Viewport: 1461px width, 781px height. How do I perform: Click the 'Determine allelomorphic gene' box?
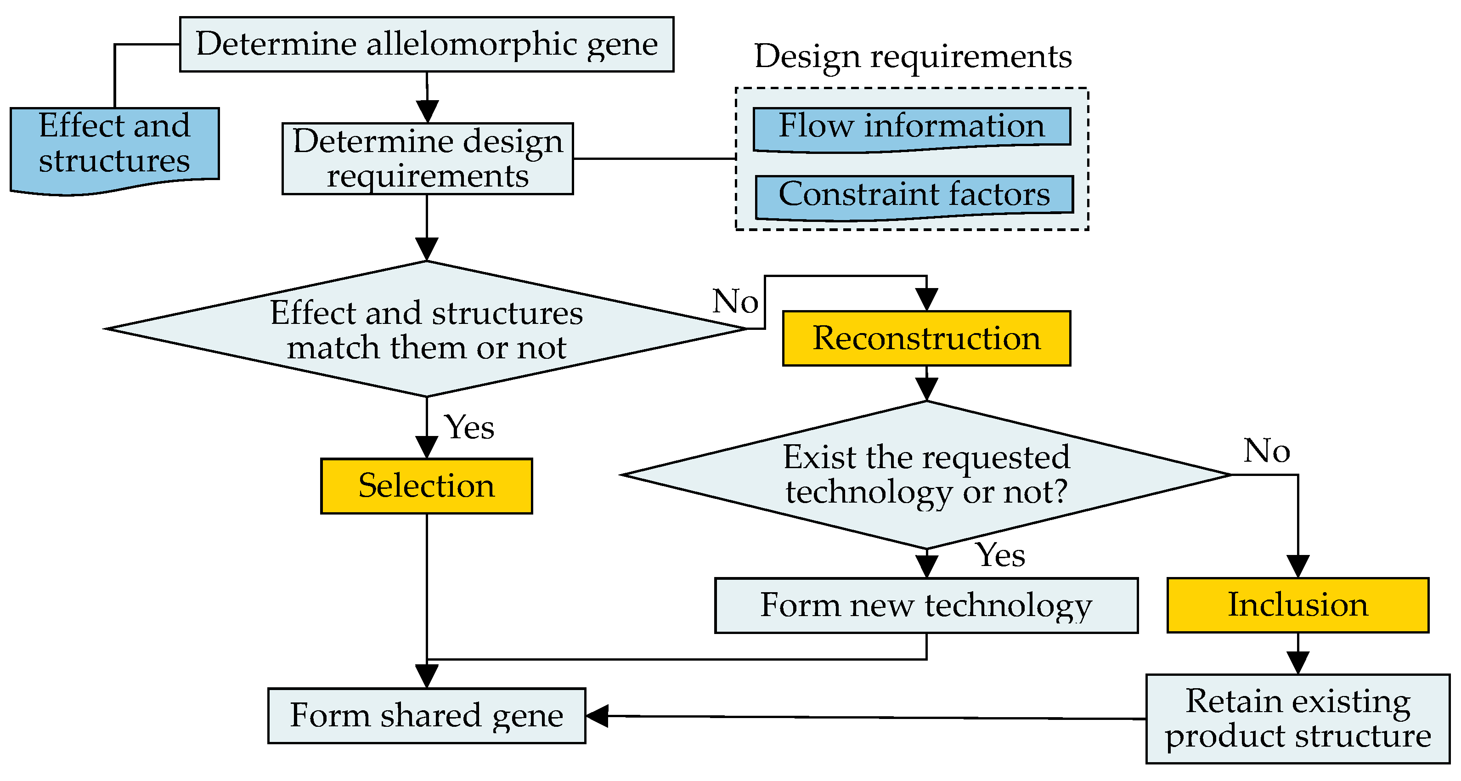point(427,44)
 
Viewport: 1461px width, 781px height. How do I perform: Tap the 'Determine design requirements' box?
point(428,159)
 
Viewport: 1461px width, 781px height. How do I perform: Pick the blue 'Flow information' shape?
point(911,127)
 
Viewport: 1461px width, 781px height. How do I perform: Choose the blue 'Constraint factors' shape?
point(914,196)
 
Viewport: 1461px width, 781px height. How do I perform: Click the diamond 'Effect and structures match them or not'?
point(427,329)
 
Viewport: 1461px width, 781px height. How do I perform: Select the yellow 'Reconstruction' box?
point(926,339)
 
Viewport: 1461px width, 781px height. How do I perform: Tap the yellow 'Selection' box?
point(427,486)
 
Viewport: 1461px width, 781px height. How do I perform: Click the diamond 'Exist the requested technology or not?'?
point(926,475)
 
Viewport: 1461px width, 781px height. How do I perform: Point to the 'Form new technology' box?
point(926,605)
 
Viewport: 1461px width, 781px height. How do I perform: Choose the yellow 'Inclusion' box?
point(1297,605)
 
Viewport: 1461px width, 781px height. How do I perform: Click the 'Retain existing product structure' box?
point(1297,719)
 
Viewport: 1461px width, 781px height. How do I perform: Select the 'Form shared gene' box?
point(427,716)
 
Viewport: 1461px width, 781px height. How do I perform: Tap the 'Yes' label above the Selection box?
point(469,428)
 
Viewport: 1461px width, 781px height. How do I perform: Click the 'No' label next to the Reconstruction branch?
point(736,301)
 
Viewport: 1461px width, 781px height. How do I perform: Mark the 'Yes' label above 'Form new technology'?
point(1000,555)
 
